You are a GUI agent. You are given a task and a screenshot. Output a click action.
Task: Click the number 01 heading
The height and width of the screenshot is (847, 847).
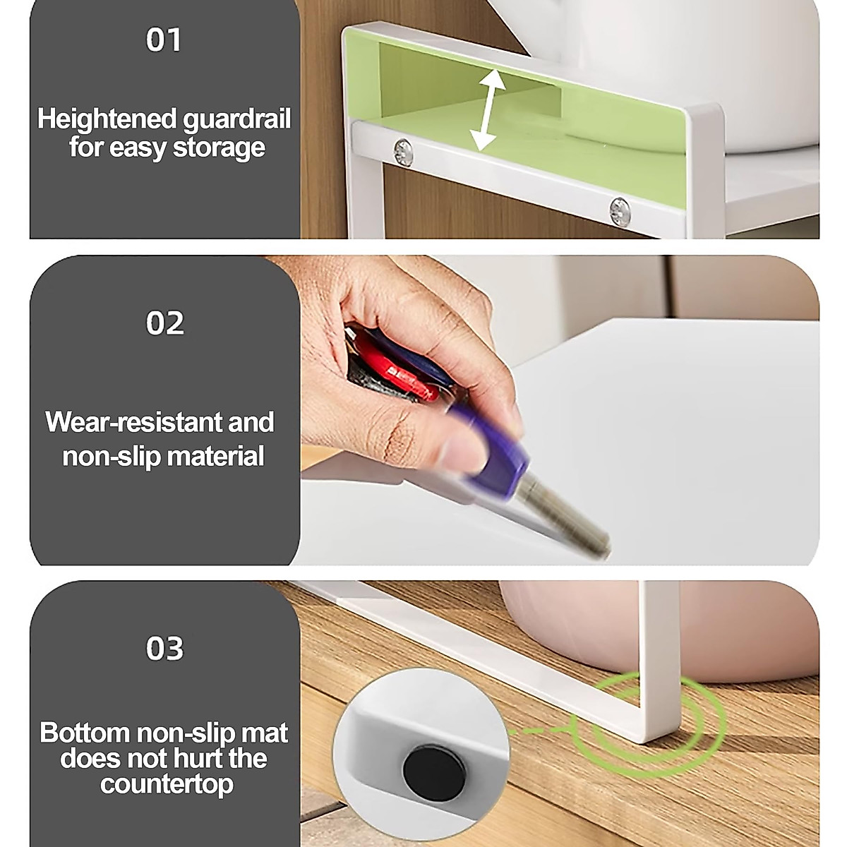coord(164,40)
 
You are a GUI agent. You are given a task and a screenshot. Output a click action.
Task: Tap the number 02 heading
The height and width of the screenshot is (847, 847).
coord(164,323)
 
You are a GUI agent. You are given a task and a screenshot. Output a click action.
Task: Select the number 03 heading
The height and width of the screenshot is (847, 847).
coord(164,648)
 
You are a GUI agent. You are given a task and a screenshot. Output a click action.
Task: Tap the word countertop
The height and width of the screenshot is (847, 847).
coord(167,784)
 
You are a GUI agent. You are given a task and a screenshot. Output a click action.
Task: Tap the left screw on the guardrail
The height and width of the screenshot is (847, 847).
coord(404,150)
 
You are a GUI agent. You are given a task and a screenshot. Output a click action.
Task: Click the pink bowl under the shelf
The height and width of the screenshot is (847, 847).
coord(565,621)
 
